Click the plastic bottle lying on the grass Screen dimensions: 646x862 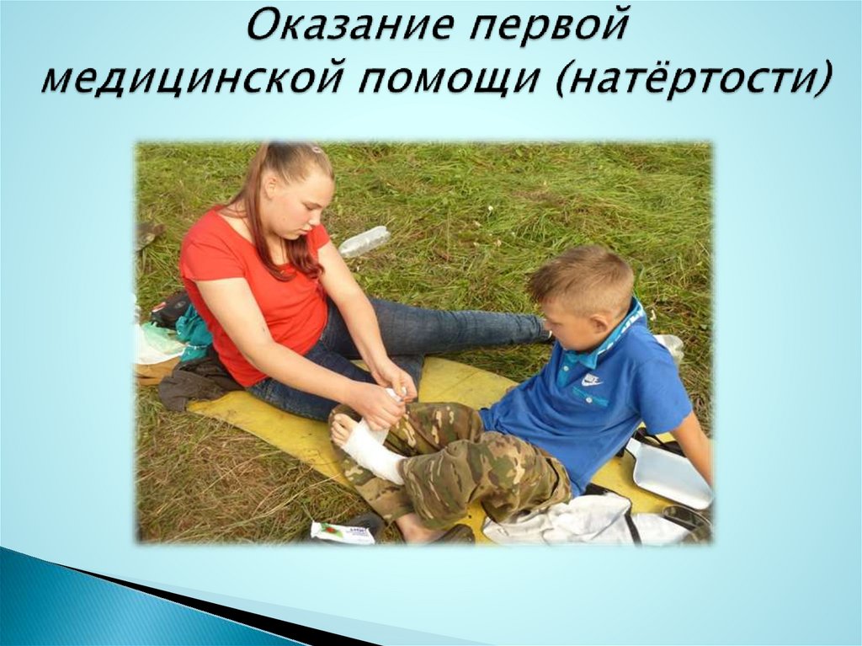click(364, 242)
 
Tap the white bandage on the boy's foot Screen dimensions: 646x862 click(370, 451)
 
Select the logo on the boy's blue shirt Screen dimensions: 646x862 click(591, 381)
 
